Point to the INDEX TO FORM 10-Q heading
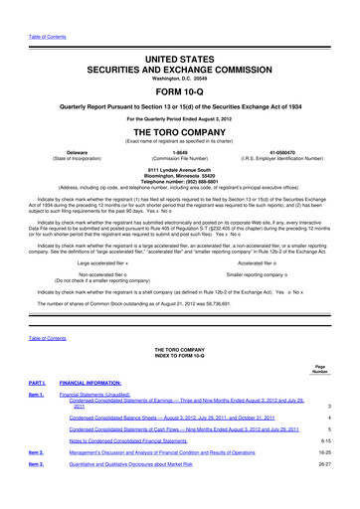179,357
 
